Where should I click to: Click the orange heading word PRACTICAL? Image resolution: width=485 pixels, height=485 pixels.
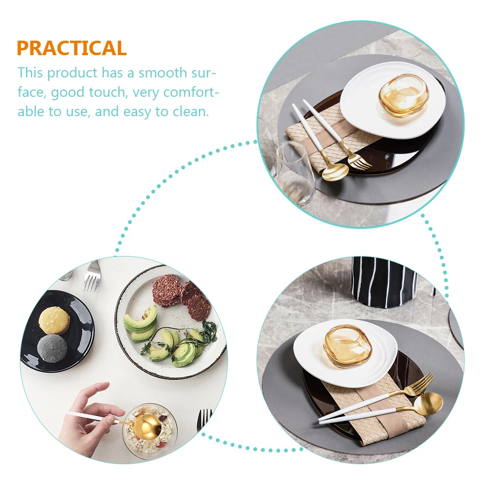point(72,48)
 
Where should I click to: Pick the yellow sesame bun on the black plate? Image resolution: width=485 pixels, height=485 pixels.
point(54,319)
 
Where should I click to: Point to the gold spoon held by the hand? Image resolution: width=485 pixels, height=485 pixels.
point(146,427)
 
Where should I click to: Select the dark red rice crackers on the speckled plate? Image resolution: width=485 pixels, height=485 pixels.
point(182,295)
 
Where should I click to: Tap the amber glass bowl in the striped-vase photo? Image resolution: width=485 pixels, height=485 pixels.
point(347,346)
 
